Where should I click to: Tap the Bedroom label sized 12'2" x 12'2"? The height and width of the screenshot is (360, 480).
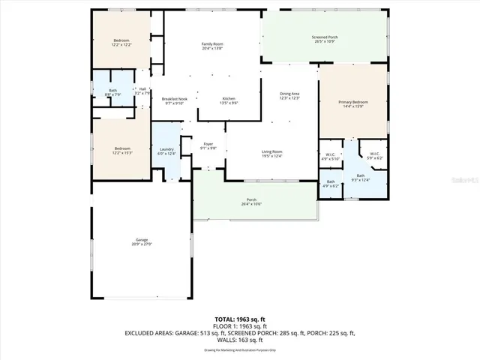(121, 42)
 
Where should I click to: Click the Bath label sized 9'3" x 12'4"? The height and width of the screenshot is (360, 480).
(360, 177)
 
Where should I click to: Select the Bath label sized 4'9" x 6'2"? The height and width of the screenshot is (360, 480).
(331, 183)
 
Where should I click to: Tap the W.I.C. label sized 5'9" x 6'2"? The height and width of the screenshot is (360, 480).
(373, 156)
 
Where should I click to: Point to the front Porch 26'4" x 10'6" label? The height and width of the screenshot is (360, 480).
(252, 202)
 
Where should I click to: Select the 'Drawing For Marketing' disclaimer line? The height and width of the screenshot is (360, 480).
(240, 350)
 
